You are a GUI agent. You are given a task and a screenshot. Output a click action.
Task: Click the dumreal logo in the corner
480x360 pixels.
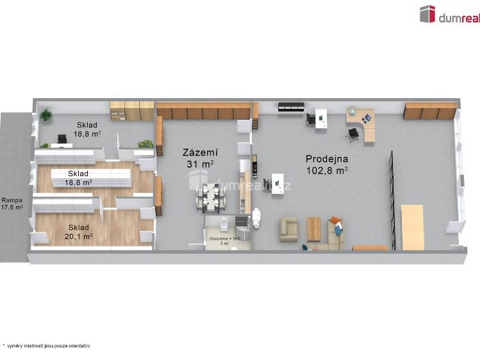[450, 14]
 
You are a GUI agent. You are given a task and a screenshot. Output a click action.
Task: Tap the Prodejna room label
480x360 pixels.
[327, 159]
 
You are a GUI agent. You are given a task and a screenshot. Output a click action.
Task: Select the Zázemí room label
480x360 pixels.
[200, 152]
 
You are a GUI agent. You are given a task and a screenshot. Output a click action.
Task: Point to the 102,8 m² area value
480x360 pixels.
[327, 170]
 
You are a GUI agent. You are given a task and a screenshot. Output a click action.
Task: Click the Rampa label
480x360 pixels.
[12, 200]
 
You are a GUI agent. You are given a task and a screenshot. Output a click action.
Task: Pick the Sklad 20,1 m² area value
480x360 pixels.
[79, 236]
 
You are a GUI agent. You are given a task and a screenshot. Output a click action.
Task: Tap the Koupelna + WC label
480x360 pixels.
[224, 238]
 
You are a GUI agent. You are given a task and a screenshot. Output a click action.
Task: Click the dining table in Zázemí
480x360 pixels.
[211, 198]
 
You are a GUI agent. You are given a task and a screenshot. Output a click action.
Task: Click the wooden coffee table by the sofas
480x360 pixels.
[313, 229]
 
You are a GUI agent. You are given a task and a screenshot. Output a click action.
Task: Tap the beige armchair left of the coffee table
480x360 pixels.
[288, 230]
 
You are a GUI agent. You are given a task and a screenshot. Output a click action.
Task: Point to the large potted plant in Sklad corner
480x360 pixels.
[46, 115]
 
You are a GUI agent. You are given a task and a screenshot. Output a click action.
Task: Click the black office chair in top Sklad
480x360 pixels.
[62, 139]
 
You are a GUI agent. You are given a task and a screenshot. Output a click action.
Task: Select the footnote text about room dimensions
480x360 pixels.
[46, 346]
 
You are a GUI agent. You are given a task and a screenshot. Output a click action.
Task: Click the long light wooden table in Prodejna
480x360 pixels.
[413, 227]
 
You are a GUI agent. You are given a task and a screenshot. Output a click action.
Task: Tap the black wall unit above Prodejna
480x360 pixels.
[291, 107]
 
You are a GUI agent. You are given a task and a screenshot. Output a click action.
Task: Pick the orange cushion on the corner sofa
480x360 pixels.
[336, 220]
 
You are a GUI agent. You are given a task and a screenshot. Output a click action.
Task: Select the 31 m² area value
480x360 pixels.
[200, 164]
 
